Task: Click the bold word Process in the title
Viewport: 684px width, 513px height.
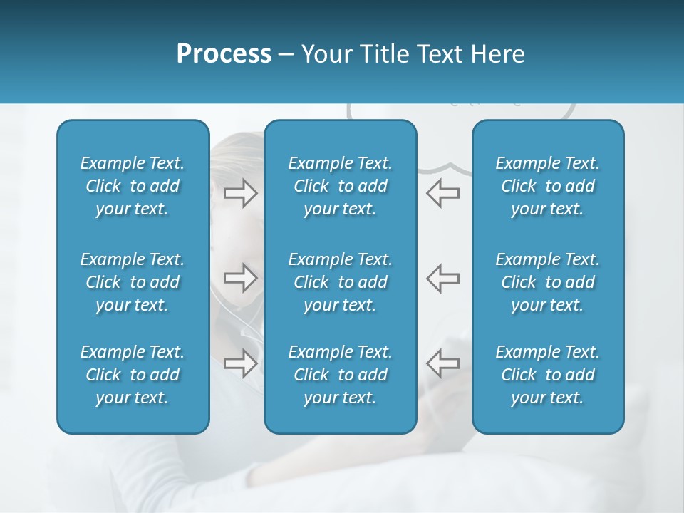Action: click(x=224, y=54)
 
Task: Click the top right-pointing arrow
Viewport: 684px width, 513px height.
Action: click(x=240, y=193)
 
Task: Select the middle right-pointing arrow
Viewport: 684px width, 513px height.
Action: click(x=240, y=278)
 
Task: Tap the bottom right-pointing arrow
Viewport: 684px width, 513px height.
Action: click(x=240, y=363)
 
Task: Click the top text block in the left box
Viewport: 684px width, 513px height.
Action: click(x=133, y=186)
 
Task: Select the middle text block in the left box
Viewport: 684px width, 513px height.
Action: click(x=133, y=282)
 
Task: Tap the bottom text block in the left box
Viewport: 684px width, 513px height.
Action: click(x=133, y=375)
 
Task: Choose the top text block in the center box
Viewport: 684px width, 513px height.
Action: click(x=340, y=186)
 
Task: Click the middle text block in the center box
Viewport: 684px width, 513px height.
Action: click(x=340, y=282)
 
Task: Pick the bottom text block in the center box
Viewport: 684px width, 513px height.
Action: click(x=340, y=375)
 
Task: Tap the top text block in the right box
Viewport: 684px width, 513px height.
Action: click(x=547, y=186)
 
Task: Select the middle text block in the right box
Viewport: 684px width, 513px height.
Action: click(x=547, y=282)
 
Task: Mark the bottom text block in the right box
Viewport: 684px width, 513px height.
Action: click(x=547, y=375)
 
